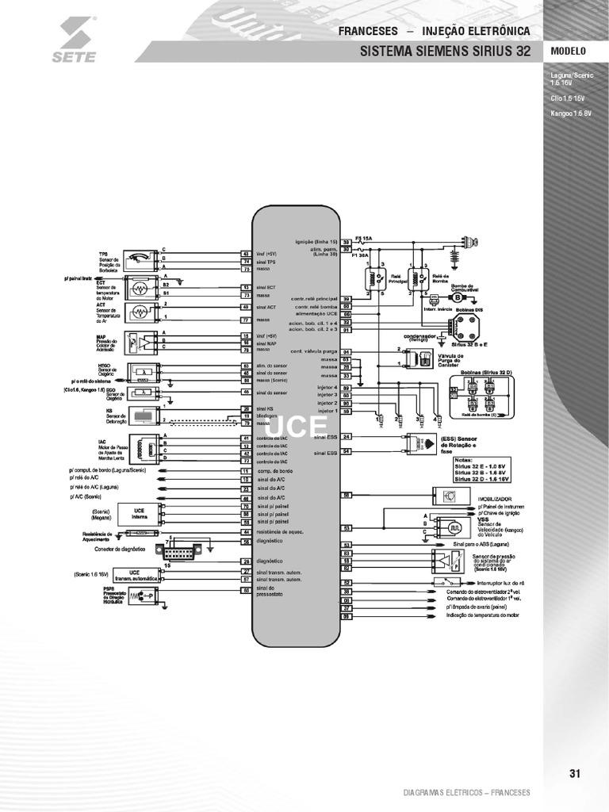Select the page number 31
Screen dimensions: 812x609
click(576, 774)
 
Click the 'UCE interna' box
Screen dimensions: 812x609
click(139, 514)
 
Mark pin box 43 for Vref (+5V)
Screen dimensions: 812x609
click(246, 254)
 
